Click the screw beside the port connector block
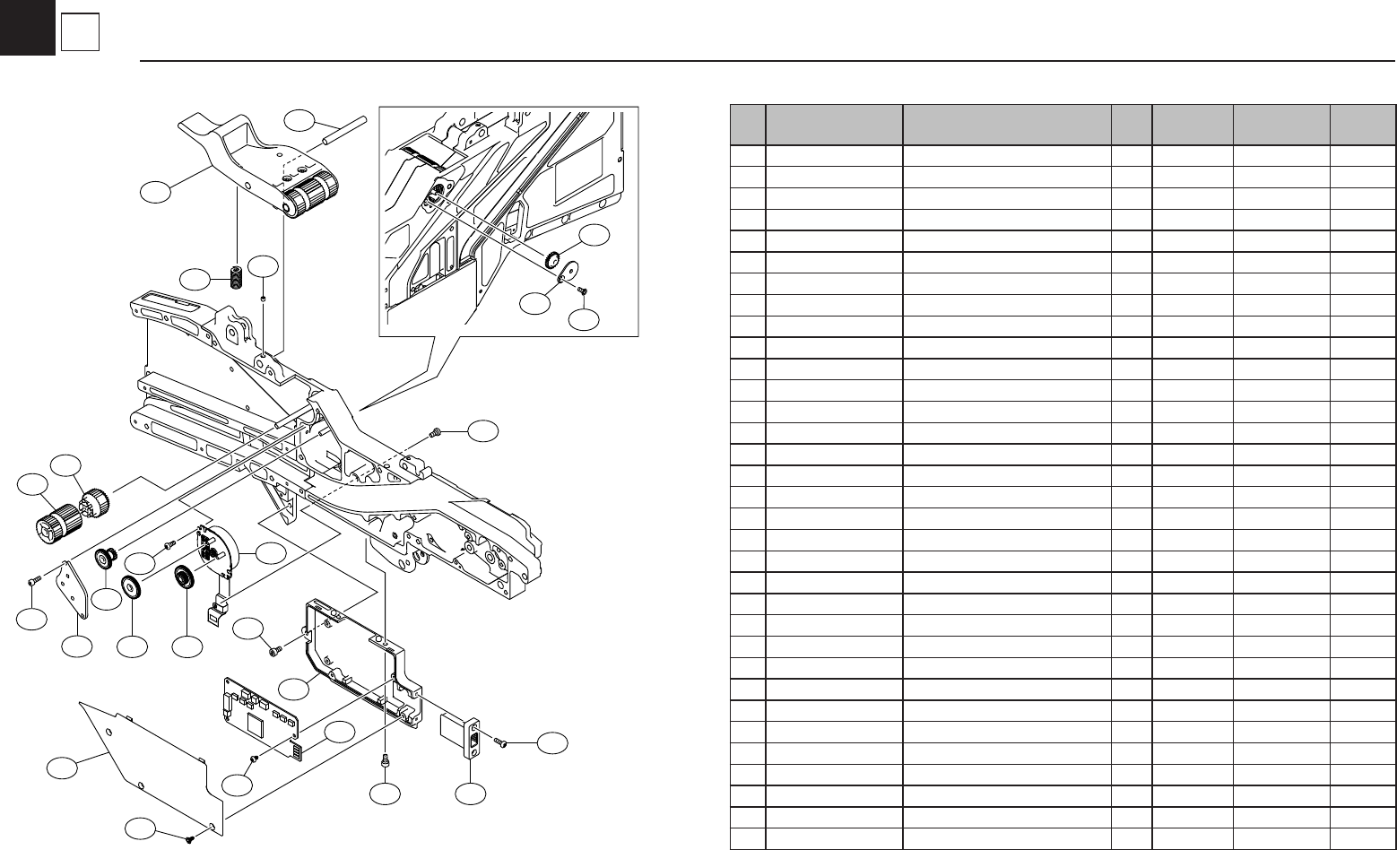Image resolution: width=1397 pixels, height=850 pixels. [x=502, y=742]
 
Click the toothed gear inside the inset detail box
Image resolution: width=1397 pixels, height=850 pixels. [x=551, y=258]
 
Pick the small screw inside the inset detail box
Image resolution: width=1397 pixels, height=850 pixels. [x=581, y=290]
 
